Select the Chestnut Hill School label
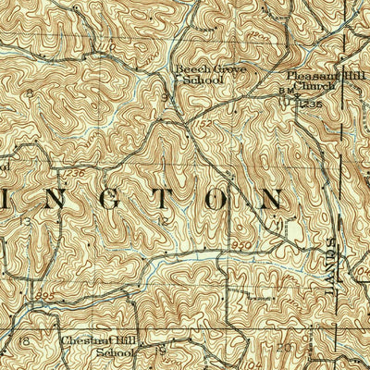pos(96,345)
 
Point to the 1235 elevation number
pos(312,104)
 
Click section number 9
pos(164,95)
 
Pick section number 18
pos(26,341)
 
